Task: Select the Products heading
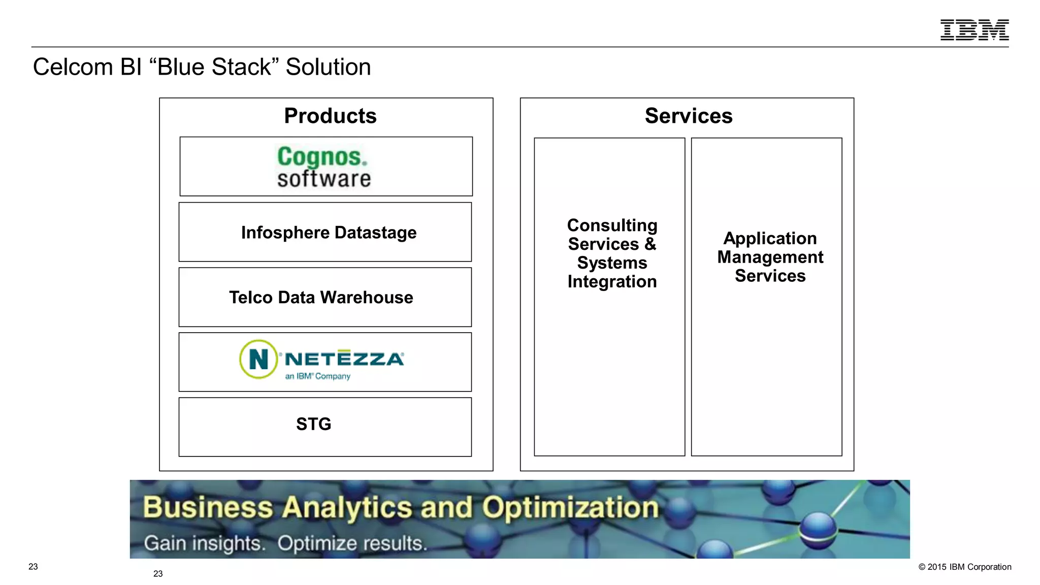(330, 116)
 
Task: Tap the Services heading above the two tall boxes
(689, 116)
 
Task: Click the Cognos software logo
(323, 167)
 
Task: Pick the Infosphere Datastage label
(329, 233)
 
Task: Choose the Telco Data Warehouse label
(321, 298)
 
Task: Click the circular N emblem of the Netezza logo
(258, 359)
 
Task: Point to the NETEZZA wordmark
(344, 359)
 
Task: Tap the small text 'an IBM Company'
(318, 376)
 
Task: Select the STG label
(313, 424)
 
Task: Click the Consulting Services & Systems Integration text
(612, 253)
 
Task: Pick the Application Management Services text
(770, 257)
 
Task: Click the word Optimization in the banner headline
(570, 507)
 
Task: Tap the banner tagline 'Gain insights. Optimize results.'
(285, 543)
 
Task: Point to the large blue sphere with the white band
(818, 530)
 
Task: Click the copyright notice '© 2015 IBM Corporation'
(964, 567)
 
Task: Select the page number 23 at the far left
(33, 567)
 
